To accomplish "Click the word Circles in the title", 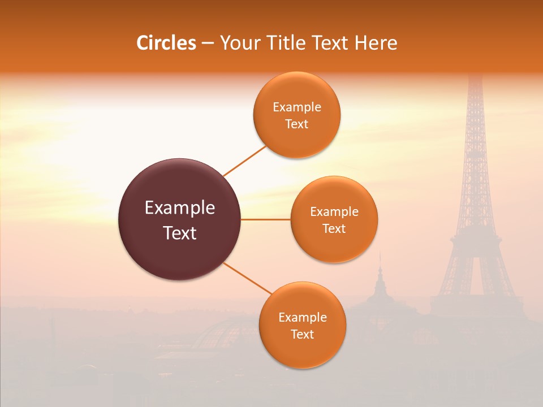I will [166, 43].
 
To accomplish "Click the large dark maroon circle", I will [179, 219].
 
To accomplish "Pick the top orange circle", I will [296, 115].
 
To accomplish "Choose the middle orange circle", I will [334, 219].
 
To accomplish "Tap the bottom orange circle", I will [302, 325].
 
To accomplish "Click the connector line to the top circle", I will [244, 161].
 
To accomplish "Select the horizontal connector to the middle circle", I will [266, 219].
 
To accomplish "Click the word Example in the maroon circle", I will [179, 208].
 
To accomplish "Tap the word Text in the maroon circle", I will [179, 233].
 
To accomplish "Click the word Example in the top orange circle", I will [296, 107].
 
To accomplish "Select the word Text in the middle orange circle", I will [334, 228].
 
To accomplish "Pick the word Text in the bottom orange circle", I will [302, 334].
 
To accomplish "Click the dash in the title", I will [208, 43].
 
